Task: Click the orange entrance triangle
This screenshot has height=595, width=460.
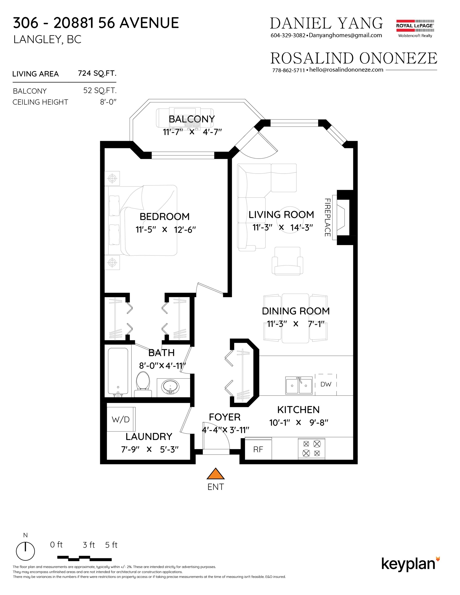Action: point(216,474)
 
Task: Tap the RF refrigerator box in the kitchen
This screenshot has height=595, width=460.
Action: point(258,449)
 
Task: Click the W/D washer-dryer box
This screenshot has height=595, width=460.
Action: point(121,419)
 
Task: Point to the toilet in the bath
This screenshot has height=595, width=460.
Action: point(143,384)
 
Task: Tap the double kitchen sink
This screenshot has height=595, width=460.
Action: point(299,386)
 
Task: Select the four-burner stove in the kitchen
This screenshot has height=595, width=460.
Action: point(311,449)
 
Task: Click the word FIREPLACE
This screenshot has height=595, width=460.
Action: point(327,217)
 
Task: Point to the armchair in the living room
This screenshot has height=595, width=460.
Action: point(287,261)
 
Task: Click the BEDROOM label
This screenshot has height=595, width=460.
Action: point(164,217)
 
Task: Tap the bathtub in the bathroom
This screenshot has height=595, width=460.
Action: point(118,372)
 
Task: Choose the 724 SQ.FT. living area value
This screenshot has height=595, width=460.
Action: point(97,73)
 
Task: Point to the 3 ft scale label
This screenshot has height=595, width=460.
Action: point(89,545)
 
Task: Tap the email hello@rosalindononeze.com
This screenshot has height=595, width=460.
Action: point(346,70)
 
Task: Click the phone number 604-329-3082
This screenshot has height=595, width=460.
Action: point(288,35)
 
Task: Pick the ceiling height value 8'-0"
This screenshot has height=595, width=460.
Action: point(108,102)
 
